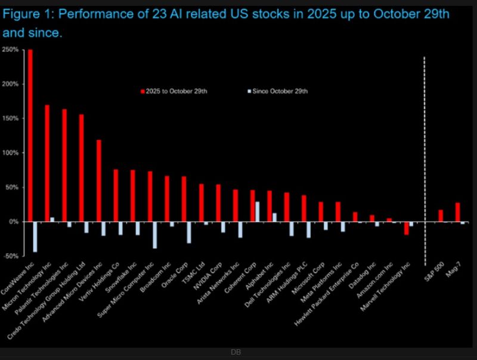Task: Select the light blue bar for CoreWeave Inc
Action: tap(35, 237)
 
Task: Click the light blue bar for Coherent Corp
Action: tap(258, 212)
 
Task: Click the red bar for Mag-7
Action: tap(458, 212)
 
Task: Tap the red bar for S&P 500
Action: tap(441, 216)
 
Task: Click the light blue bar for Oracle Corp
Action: tap(189, 232)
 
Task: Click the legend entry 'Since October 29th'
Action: tap(279, 91)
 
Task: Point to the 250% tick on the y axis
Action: tap(10, 50)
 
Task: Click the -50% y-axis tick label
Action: tap(10, 256)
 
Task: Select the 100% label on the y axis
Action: tap(10, 153)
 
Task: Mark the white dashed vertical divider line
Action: tap(425, 161)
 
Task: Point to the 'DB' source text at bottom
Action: tap(236, 353)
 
